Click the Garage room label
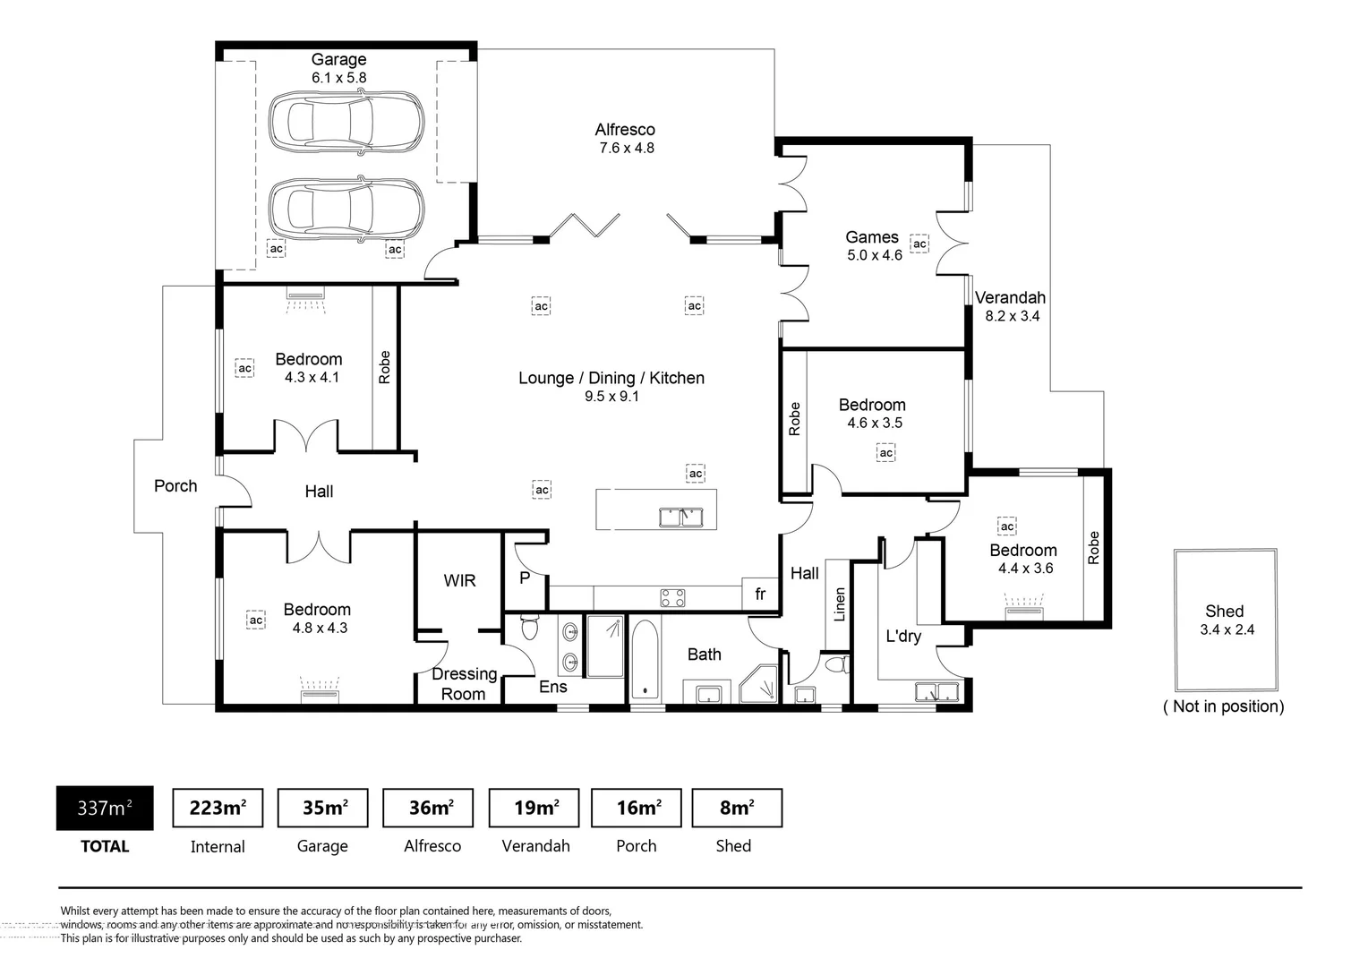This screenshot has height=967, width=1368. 339,59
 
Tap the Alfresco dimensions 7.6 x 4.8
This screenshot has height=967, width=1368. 627,148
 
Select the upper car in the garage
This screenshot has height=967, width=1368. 346,122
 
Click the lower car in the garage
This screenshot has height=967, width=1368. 346,210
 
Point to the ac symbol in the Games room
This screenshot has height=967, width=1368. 919,244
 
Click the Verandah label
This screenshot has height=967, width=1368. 1010,297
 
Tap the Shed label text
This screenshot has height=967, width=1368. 1225,611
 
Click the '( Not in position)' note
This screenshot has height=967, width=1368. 1223,706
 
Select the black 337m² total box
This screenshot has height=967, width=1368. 105,808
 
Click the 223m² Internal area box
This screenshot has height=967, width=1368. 218,808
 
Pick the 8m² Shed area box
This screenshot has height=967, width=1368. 737,808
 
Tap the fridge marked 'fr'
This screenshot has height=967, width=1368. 760,594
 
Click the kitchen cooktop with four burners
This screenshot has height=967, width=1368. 672,598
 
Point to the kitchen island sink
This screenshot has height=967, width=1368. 681,518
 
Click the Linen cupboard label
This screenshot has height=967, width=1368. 840,604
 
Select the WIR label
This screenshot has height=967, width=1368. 459,580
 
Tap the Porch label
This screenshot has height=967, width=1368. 175,485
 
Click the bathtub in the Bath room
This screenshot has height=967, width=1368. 645,658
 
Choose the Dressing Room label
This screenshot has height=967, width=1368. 464,683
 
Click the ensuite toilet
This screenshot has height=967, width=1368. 529,626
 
